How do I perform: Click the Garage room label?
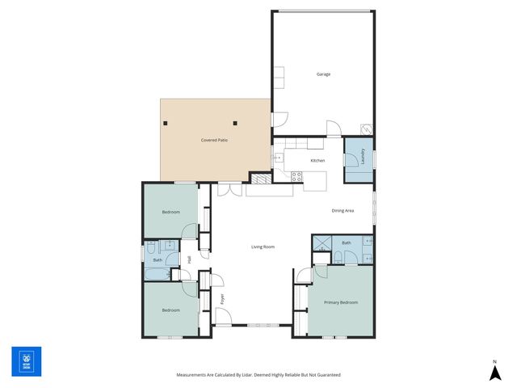pos(323,74)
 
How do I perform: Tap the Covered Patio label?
pos(213,141)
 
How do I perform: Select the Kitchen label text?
pos(318,161)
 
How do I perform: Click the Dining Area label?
pos(343,211)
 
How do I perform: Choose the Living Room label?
pos(263,247)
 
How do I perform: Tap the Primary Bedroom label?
pos(341,302)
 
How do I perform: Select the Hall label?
pos(189,259)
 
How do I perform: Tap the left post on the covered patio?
pos(166,123)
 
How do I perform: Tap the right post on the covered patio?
pos(235,123)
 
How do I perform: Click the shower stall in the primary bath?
pos(322,242)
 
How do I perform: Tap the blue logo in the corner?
pos(26,361)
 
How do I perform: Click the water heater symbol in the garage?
pos(367,129)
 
